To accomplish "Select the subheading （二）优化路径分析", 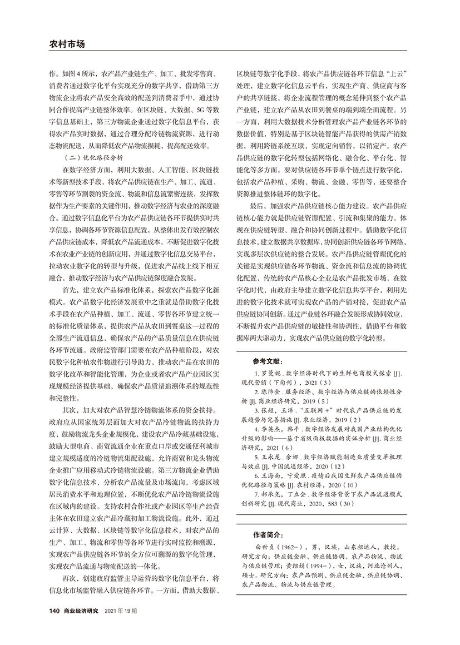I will (92, 158).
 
